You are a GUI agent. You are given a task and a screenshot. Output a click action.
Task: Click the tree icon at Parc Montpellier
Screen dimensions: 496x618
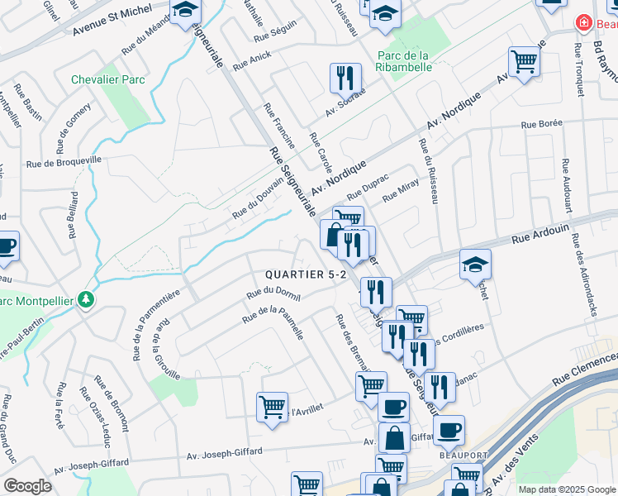coord(86,299)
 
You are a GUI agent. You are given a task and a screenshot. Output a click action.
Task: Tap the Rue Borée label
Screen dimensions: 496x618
coord(541,124)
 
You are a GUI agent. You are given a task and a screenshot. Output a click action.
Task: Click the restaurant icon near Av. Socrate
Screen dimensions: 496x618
coord(345,78)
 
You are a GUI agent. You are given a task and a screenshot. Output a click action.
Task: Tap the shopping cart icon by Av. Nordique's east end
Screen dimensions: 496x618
coord(524,61)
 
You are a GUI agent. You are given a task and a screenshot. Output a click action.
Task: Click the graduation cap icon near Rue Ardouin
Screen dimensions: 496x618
coord(475,263)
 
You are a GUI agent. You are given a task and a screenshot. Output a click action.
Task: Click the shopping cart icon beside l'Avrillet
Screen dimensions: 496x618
coord(272,406)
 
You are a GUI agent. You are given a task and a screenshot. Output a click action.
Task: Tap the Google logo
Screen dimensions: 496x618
coord(27,486)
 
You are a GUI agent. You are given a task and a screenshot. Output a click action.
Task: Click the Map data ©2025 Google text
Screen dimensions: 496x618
coord(566,489)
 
